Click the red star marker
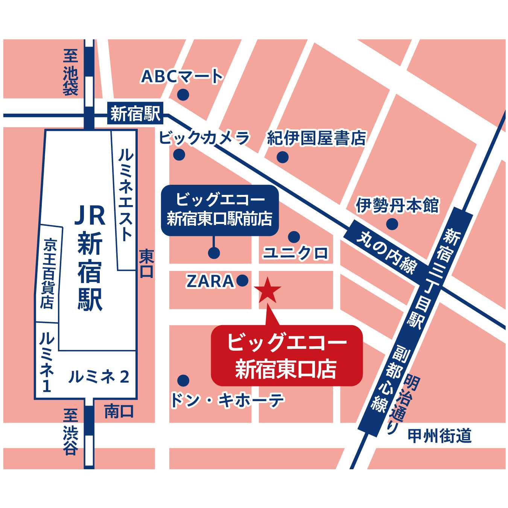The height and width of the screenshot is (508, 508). pos(268,291)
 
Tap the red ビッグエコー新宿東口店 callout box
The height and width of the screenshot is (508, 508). pos(286,356)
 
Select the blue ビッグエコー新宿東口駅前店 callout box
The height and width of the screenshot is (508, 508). pos(220,210)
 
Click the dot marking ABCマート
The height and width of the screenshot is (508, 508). pos(183,95)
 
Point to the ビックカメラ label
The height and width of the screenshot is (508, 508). pos(204,138)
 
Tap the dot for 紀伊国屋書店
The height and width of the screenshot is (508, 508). pos(282,157)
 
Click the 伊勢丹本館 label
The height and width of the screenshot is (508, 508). pos(397,206)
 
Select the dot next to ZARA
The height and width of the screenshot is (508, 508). pos(242,280)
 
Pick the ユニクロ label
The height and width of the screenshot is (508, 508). pos(296,253)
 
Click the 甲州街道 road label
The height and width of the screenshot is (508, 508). pos(440,436)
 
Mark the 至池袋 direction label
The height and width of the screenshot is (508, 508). pos(70,72)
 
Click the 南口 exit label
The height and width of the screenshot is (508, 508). pos(119,411)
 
